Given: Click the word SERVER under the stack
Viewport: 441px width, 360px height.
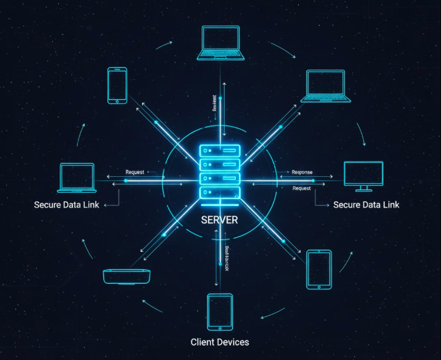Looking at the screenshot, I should point(219,220).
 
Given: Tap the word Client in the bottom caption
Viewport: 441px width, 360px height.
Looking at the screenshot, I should point(203,342).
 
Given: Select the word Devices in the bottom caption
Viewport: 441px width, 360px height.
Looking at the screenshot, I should point(233,342).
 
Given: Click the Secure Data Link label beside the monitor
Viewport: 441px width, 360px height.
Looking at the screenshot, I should point(366,205).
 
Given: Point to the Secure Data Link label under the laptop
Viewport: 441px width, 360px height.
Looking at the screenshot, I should point(67,205).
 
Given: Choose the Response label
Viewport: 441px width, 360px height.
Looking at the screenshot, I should point(302,172).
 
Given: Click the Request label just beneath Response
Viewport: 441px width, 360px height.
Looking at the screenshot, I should point(302,188).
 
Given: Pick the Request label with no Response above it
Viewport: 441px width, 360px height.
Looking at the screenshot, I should point(135,172).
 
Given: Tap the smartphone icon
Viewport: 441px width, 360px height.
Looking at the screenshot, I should point(116,85).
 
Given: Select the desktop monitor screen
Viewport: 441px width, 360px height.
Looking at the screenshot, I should point(363,174).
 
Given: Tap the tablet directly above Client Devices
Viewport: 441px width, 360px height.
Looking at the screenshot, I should point(220,311).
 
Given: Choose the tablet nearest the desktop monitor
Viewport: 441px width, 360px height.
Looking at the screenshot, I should point(320,269).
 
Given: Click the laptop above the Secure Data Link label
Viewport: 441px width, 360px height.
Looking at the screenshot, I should point(76,178).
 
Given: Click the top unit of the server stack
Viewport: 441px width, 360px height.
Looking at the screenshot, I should point(219,151).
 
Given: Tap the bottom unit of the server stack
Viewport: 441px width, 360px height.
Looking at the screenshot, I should point(219,192).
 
